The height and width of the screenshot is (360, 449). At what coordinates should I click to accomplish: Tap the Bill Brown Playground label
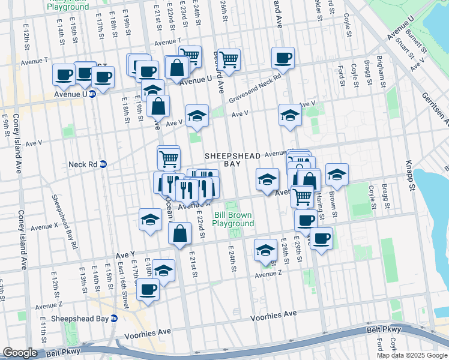point(234,219)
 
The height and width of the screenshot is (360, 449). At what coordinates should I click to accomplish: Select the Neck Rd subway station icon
point(103,164)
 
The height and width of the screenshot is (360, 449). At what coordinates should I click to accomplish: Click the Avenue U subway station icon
point(92,94)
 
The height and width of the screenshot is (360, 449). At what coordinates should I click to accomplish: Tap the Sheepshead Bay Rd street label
point(64,221)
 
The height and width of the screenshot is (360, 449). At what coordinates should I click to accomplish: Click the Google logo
point(20,353)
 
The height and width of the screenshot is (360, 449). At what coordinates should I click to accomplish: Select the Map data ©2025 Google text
point(412,355)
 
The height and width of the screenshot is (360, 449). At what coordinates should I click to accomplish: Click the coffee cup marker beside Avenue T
point(282,58)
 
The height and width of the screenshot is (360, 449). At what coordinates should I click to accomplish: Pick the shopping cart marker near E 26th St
point(229,60)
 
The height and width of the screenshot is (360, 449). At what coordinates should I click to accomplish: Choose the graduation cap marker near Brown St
point(337,175)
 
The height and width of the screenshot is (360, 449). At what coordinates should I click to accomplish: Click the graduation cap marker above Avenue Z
point(265,250)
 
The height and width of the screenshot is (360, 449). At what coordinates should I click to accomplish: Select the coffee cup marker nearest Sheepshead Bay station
point(148,290)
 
